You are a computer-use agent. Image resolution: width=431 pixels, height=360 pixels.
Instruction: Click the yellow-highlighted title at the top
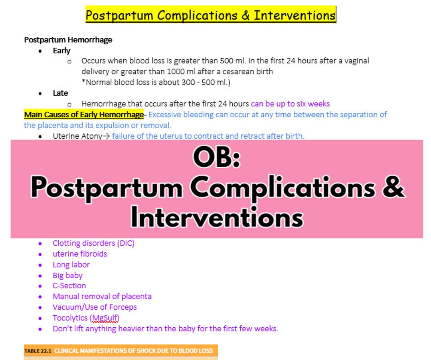coord(210,15)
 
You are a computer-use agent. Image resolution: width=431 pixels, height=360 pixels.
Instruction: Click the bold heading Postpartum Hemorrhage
coord(68,40)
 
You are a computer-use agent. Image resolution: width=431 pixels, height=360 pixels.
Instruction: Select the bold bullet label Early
coord(61,51)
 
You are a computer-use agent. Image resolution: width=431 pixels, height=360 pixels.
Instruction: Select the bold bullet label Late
coord(60,93)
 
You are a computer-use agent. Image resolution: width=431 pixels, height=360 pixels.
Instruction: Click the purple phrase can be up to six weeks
coord(290,104)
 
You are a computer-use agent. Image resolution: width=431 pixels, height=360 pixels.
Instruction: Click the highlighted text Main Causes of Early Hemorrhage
coord(83,115)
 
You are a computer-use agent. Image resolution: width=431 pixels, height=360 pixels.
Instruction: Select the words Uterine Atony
coord(77,136)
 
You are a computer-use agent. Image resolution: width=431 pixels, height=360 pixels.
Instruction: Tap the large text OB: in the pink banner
coord(217,158)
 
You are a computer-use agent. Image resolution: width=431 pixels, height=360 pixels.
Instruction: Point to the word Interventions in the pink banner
coord(217,218)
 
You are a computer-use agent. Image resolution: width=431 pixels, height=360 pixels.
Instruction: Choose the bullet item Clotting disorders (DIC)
coord(93,243)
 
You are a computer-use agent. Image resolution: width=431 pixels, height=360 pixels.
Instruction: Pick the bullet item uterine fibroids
coord(80,254)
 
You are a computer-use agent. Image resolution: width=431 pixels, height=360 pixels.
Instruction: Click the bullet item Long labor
coord(71,265)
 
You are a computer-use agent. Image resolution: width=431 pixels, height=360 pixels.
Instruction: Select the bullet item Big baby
coord(67,275)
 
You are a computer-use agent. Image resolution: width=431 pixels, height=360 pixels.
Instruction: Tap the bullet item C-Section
coord(69,286)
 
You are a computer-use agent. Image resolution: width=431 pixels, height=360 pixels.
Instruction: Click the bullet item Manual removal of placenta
coord(102,297)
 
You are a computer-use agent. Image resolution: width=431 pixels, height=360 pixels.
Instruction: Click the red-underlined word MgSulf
coord(105,318)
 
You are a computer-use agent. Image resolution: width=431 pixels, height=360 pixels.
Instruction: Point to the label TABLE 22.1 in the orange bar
coord(38,351)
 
